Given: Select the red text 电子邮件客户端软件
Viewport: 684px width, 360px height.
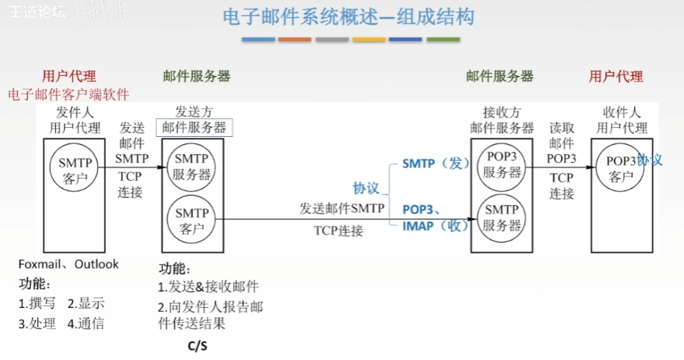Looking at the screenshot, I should coord(68,94).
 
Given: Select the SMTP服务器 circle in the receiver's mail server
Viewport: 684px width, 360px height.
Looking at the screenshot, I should coord(502,217).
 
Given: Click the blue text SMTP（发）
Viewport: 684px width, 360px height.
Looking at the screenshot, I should coord(433,164).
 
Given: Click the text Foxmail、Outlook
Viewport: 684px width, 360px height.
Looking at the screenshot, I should coord(68,264).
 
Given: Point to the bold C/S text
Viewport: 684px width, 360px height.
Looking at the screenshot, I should coord(197,346).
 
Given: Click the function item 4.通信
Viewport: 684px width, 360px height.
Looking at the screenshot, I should coord(85,324).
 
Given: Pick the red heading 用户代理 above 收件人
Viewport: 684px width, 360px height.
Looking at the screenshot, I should coord(616,76).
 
